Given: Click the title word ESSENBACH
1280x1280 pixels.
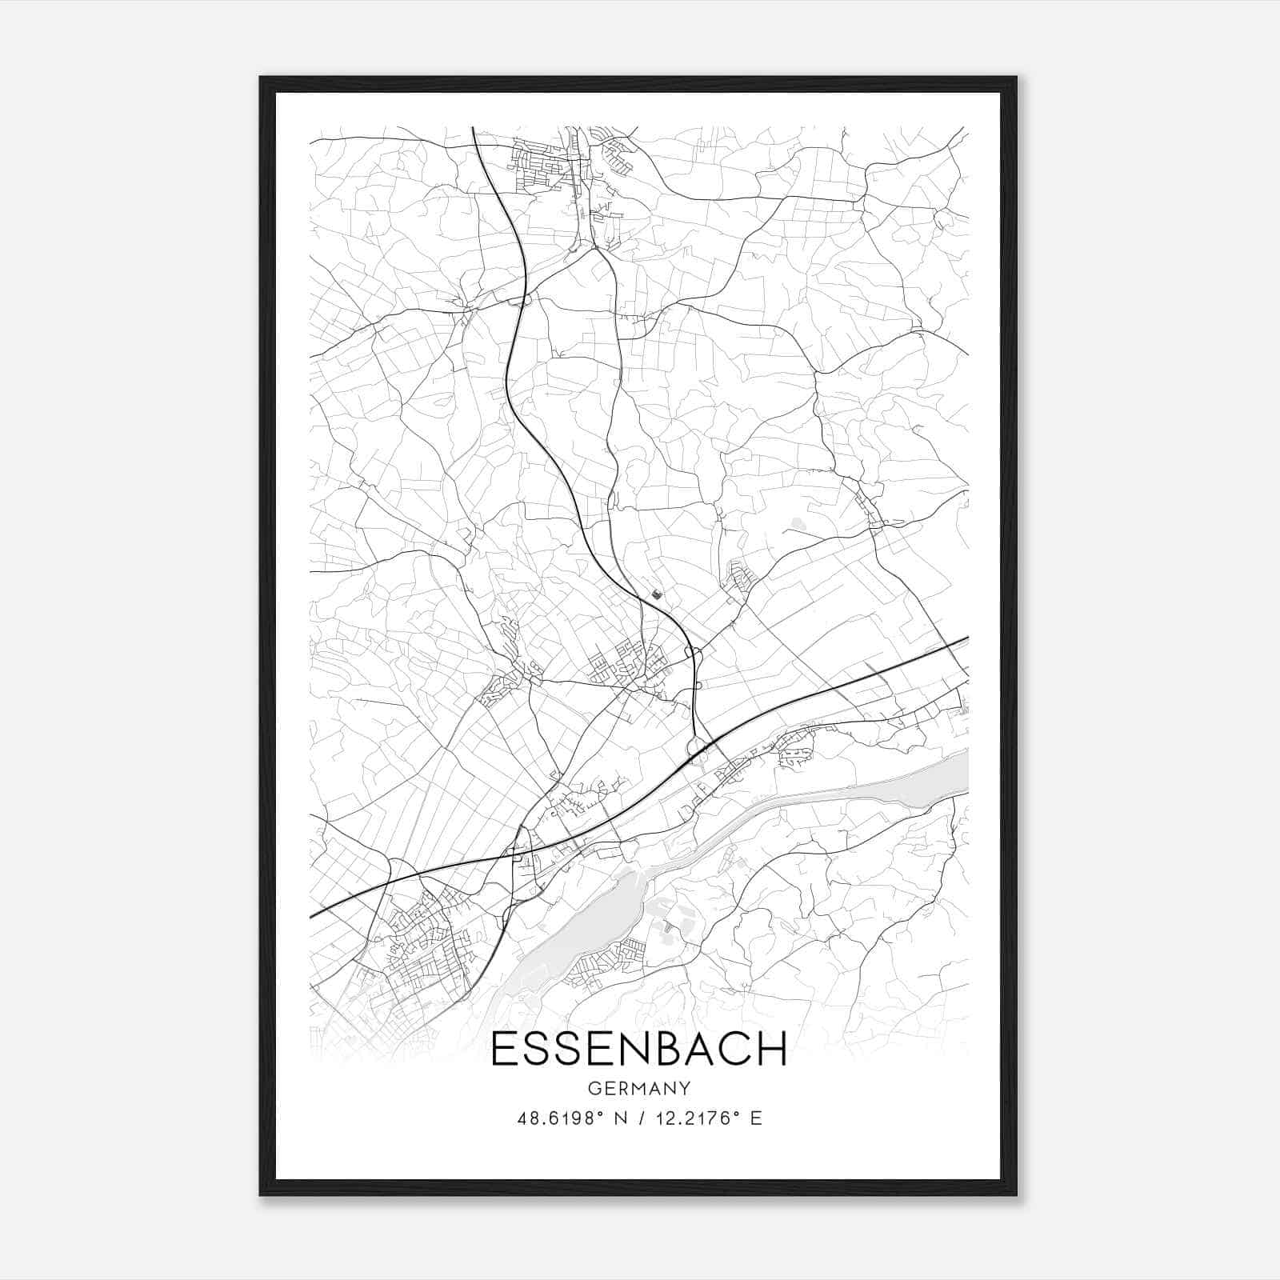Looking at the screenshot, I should point(639,1049).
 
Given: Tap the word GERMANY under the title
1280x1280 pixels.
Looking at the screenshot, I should point(639,1088).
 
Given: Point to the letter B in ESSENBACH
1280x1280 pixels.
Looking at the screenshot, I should point(667,1049).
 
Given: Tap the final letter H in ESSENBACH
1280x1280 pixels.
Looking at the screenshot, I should point(771,1049).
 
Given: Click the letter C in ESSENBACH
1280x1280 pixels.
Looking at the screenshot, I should point(735,1049).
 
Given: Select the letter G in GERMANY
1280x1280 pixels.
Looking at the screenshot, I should point(594,1088).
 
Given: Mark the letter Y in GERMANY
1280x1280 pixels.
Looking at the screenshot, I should point(685,1088).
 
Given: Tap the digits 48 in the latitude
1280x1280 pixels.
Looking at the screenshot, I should point(526,1118).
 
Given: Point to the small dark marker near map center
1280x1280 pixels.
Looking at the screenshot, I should point(657,594).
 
